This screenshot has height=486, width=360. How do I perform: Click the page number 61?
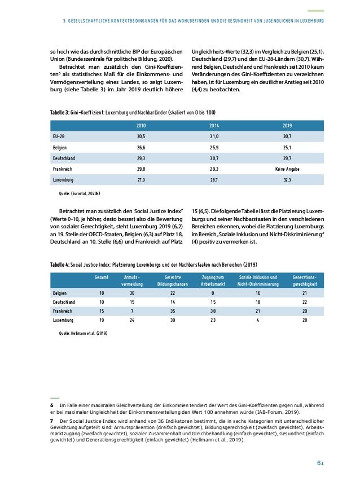tap(319, 463)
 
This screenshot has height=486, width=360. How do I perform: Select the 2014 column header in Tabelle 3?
tap(214, 125)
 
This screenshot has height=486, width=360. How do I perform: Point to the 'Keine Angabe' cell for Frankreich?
tap(287, 168)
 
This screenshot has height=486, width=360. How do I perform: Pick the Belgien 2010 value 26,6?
tap(141, 147)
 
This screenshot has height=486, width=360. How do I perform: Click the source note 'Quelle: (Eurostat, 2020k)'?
tap(76, 193)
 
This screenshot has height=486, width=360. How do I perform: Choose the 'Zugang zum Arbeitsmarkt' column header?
tap(213, 281)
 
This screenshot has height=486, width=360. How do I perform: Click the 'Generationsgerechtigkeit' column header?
tap(304, 281)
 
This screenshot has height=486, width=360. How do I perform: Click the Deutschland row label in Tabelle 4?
tap(64, 302)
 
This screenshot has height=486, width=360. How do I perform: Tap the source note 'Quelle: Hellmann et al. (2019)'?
tap(83, 333)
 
